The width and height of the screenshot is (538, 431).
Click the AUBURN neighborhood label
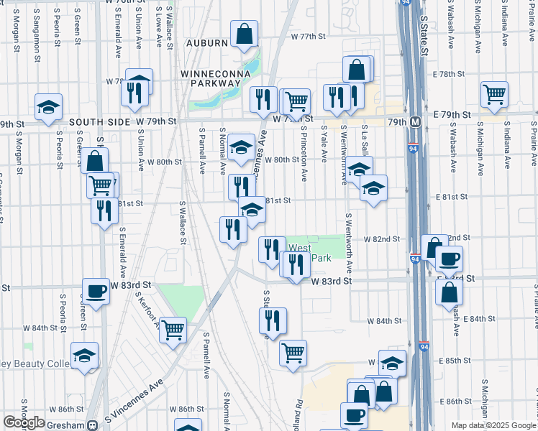(207, 43)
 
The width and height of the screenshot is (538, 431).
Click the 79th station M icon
(415, 122)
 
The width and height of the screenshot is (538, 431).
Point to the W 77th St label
(309, 36)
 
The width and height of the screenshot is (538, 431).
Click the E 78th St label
(455, 74)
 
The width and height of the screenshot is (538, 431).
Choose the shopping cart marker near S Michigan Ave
(494, 93)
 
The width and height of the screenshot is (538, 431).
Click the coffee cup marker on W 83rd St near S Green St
(96, 291)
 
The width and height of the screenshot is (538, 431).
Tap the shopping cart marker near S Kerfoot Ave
(173, 330)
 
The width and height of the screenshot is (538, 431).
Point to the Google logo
(24, 422)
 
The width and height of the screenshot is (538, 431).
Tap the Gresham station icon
(91, 425)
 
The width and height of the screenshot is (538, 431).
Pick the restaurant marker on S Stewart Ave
(273, 320)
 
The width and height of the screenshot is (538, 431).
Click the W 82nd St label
(381, 238)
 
